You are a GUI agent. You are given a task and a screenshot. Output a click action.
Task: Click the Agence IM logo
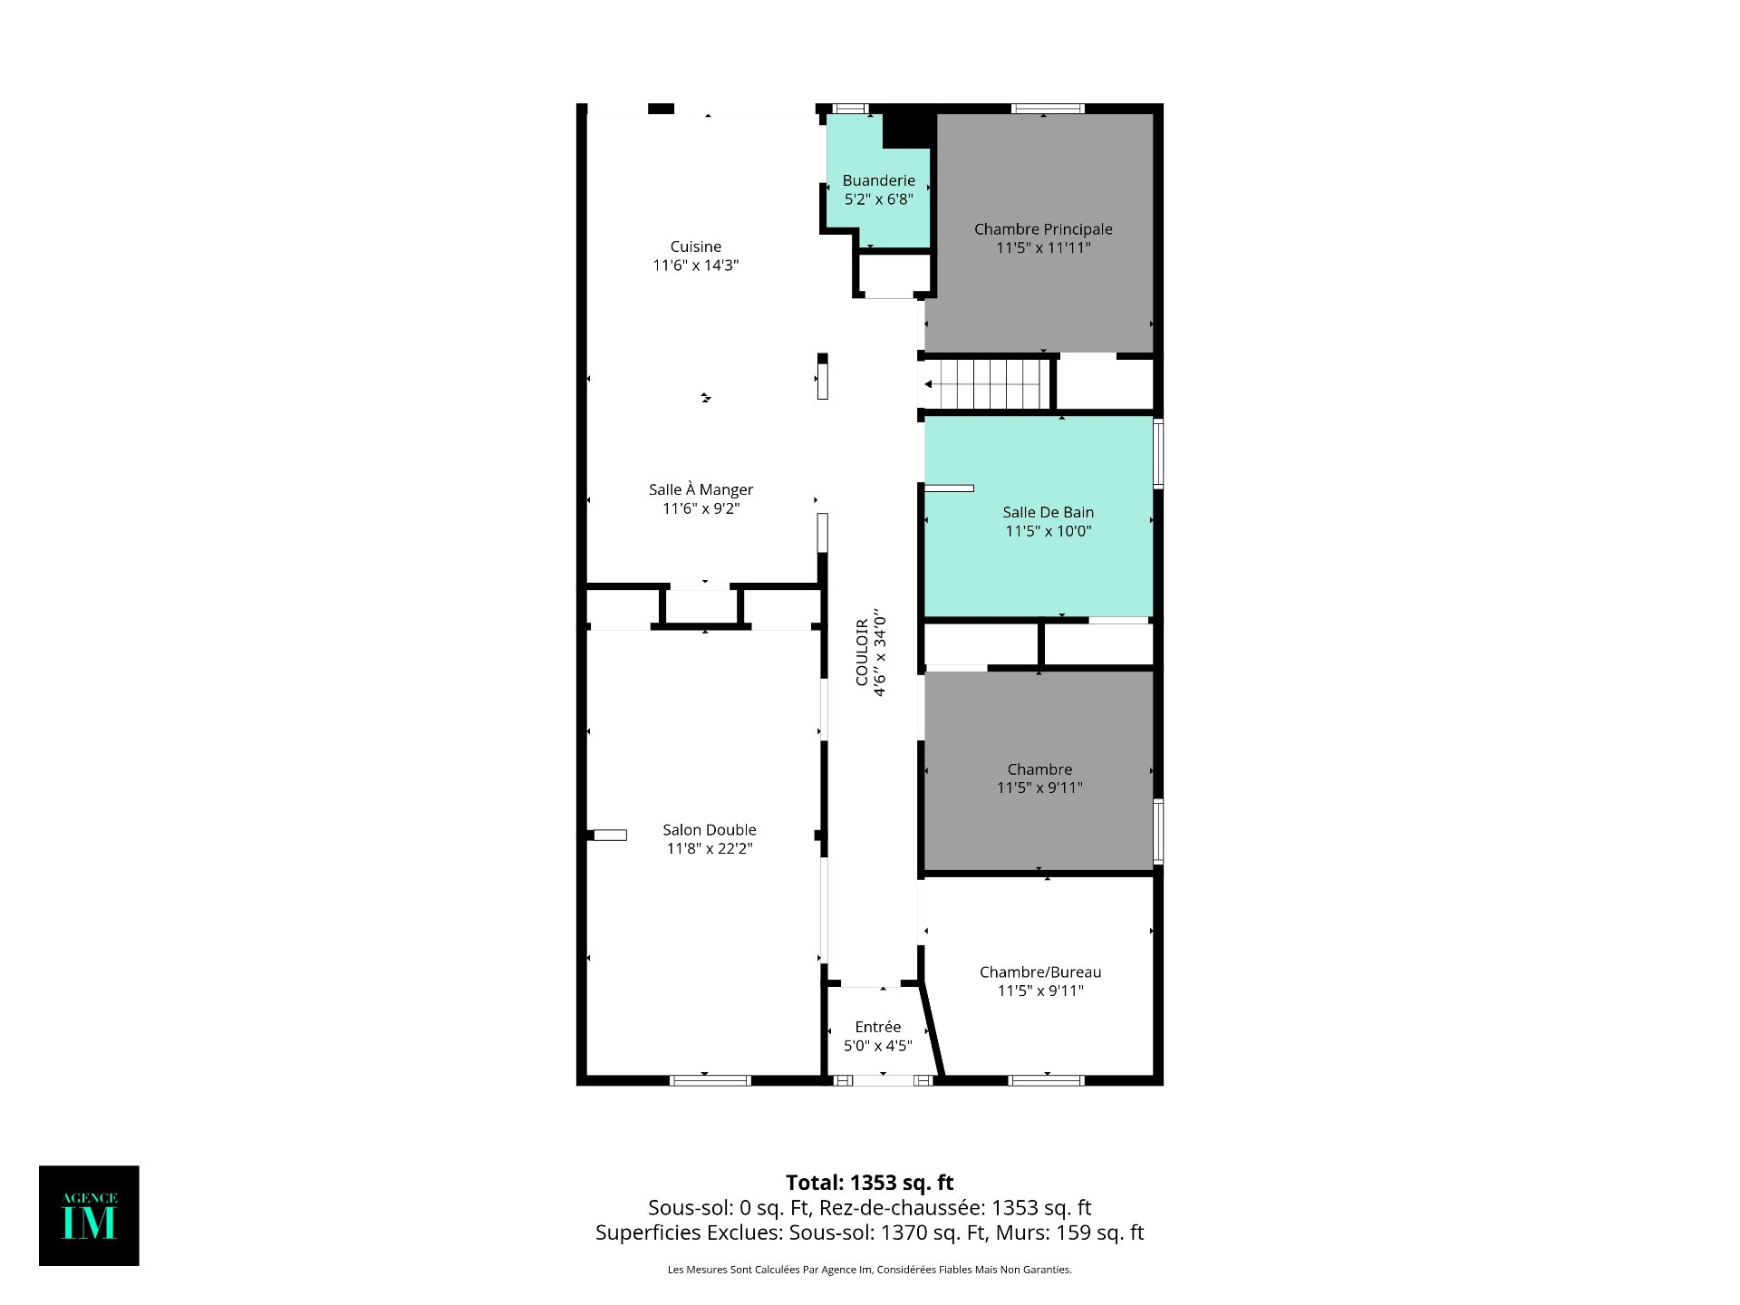89,1215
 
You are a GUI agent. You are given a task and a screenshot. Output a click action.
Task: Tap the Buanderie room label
879,180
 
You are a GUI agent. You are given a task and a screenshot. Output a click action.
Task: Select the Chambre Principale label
1043,229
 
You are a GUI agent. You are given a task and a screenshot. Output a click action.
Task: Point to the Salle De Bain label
1049,512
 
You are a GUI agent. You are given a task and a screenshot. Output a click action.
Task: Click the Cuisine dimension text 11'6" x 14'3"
696,266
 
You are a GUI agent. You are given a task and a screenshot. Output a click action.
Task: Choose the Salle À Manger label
701,489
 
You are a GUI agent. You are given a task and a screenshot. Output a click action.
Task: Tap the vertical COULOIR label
862,652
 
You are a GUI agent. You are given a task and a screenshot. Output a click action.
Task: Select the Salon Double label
710,829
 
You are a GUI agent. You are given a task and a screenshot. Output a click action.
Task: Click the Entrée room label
878,1027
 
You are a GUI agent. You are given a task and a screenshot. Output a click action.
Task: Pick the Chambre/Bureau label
1040,972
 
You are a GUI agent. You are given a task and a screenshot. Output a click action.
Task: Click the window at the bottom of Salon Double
710,1080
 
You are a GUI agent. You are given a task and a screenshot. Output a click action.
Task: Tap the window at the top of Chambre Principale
1048,109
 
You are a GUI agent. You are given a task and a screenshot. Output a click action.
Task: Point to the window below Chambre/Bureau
1046,1080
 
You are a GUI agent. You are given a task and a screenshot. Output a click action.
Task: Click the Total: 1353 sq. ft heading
870,1183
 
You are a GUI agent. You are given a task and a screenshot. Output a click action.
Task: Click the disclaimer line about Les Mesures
870,1270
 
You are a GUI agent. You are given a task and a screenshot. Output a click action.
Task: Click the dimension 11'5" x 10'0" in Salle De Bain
1049,531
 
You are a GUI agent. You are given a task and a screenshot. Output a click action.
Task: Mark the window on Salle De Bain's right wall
1158,453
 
